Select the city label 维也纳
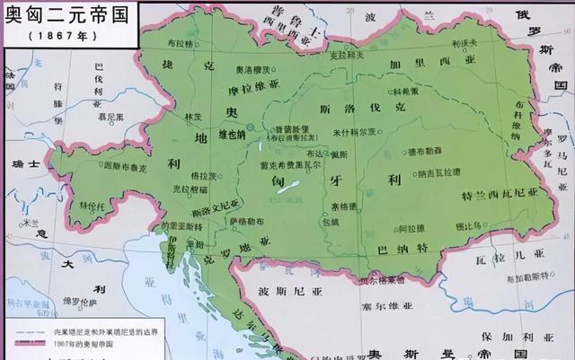click(232, 135)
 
